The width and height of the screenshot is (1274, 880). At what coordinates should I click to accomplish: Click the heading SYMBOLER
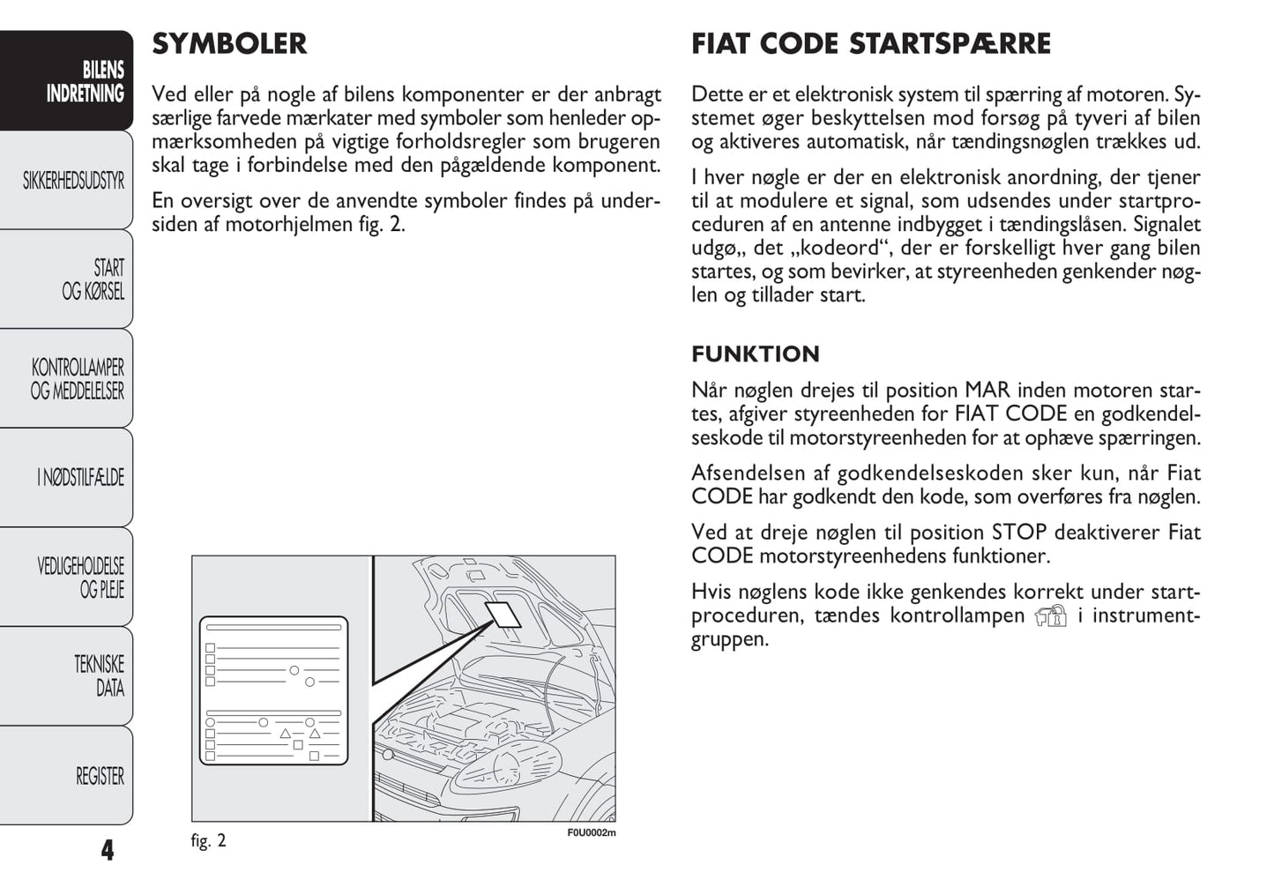point(229,44)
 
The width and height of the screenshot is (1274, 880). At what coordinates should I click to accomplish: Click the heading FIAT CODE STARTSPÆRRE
point(870,44)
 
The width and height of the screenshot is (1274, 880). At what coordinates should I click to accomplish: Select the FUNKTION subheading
point(755,354)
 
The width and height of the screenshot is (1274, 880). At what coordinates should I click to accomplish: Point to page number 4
point(107,850)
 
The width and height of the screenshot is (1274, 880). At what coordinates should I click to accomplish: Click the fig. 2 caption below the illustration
point(208,840)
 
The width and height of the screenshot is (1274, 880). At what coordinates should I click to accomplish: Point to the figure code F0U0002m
point(591,833)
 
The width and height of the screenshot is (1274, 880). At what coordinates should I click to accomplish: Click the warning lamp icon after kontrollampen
point(1050,615)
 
